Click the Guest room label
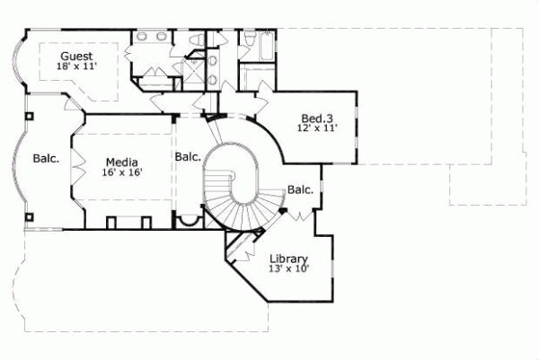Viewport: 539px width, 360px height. pos(75,56)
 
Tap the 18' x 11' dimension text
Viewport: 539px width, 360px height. pos(75,66)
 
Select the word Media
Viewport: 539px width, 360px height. pos(121,162)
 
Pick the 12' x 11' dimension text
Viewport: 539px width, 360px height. pos(316,129)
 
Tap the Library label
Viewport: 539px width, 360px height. pos(287,259)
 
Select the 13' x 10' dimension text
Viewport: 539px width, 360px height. pos(288,268)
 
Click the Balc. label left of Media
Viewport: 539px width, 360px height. pos(46,159)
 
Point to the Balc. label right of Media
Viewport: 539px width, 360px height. pos(188,155)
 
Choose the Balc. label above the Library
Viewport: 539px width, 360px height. pos(300,189)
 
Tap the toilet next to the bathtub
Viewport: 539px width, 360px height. pos(249,40)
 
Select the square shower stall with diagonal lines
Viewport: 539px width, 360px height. pos(194,73)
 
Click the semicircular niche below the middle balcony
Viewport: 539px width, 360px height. pos(189,222)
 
